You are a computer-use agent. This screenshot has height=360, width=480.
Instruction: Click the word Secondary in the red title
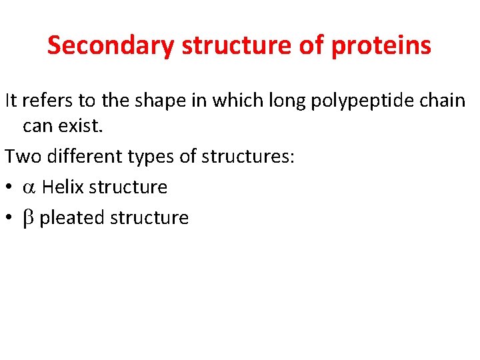click(111, 45)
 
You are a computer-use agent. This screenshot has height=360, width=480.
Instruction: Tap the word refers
click(45, 101)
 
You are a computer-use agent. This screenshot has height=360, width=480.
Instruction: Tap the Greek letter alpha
click(29, 187)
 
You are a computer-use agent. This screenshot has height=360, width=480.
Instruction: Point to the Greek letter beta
click(28, 218)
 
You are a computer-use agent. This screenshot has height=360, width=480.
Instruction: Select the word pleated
click(70, 218)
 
